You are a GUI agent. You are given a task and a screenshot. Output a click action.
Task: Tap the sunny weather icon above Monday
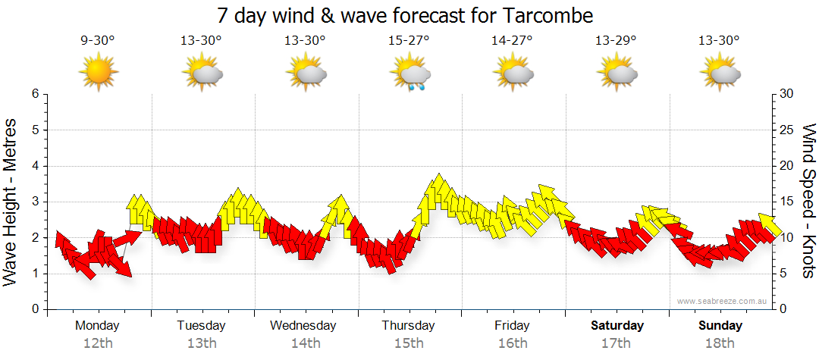[x=98, y=73]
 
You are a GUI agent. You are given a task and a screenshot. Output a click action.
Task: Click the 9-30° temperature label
[x=98, y=41]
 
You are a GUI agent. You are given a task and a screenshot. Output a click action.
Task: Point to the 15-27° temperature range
[x=409, y=41]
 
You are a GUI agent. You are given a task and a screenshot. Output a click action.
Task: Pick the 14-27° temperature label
[x=512, y=41]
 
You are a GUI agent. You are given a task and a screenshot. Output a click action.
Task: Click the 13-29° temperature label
[x=616, y=41]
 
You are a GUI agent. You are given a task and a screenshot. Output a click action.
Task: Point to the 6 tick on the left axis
[x=35, y=94]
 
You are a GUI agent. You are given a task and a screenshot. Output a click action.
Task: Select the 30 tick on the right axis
[x=787, y=94]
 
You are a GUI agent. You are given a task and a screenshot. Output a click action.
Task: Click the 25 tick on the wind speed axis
[x=787, y=130]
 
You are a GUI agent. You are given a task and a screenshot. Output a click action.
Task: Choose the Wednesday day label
[x=303, y=326]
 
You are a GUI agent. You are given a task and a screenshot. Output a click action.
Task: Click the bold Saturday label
[x=617, y=326]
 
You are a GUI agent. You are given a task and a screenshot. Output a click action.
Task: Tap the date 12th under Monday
[x=98, y=343]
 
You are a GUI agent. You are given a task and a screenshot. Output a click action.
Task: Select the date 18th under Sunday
[x=720, y=343]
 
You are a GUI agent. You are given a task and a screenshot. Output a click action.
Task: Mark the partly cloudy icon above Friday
[x=514, y=74]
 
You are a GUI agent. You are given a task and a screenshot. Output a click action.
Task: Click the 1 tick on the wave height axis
[x=35, y=274]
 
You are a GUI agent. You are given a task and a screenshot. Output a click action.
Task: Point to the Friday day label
[x=512, y=326]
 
